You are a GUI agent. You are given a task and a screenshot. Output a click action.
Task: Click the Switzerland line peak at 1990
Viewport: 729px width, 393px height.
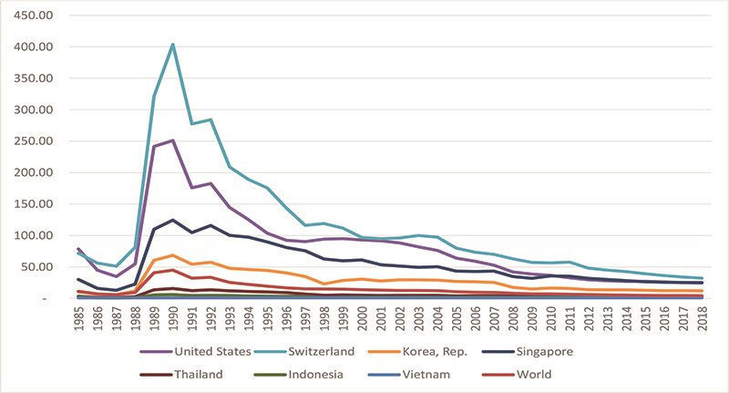click(x=173, y=44)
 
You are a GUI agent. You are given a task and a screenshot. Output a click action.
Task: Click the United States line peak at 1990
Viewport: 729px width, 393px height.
click(x=173, y=140)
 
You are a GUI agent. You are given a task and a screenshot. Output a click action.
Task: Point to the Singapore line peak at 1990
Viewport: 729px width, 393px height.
click(x=173, y=220)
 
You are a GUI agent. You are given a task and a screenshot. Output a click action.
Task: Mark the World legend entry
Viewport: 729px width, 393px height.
click(x=564, y=374)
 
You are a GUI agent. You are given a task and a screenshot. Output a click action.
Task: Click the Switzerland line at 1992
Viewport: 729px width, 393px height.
click(x=210, y=119)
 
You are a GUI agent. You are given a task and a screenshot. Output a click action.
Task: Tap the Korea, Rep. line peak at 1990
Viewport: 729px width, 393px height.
click(x=173, y=255)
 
